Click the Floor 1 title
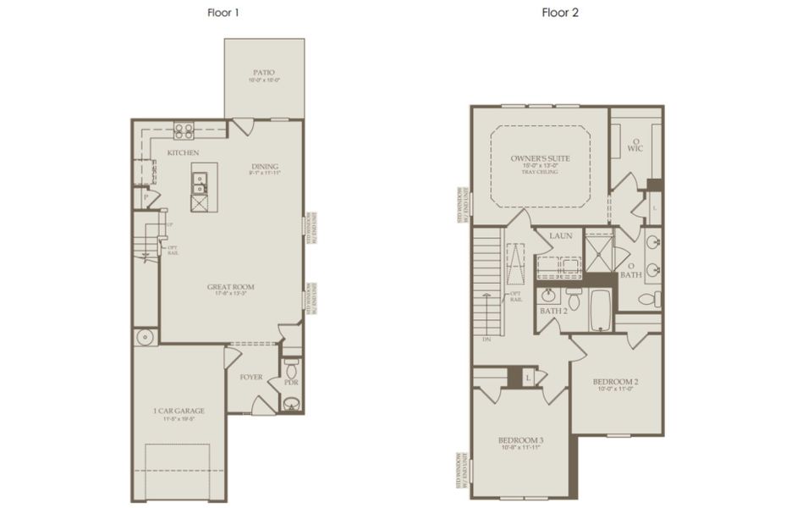coord(220,13)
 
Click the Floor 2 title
coord(561,13)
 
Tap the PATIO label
coord(264,73)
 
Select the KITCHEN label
coord(183,152)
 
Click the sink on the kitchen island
coord(200,179)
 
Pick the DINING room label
coord(264,166)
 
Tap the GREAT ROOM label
coord(230,287)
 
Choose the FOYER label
coord(251,377)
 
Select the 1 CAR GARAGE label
coord(179,411)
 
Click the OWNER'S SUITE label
coord(539,158)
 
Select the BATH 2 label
coord(554,311)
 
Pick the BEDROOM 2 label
coord(615,382)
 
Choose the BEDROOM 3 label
coord(519,441)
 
